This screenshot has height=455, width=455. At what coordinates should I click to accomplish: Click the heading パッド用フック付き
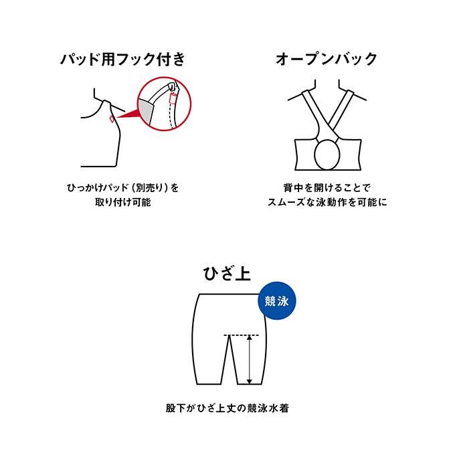click(122, 60)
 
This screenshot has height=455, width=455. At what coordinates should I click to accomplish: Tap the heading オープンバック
click(327, 59)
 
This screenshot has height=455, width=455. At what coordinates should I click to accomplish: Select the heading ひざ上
click(227, 274)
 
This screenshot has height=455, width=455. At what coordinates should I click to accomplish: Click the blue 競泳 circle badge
click(277, 301)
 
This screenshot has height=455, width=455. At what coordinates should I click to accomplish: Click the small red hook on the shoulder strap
click(112, 118)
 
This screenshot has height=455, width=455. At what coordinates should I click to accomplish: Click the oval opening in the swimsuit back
click(327, 155)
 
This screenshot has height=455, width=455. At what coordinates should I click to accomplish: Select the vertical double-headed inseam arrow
click(249, 359)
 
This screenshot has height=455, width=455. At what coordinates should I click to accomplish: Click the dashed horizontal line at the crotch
click(241, 335)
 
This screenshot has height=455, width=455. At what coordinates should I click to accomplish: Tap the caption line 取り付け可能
click(122, 202)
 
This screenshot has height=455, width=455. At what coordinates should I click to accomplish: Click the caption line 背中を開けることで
click(327, 188)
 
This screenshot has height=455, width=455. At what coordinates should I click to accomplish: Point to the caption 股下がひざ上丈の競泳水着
click(227, 408)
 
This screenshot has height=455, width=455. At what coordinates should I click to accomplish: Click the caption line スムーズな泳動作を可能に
click(327, 202)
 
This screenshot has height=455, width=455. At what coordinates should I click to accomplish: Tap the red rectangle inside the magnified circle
click(173, 99)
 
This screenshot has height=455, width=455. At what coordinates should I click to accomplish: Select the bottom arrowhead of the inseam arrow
click(249, 381)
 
